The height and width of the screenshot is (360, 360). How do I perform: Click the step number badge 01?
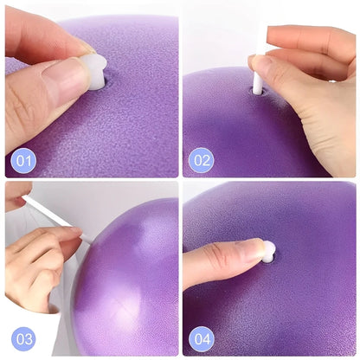22,159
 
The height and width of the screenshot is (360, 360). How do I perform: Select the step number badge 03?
22,337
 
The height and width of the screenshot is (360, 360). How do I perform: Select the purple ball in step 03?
130,277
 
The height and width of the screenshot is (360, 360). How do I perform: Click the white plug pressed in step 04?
268,251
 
